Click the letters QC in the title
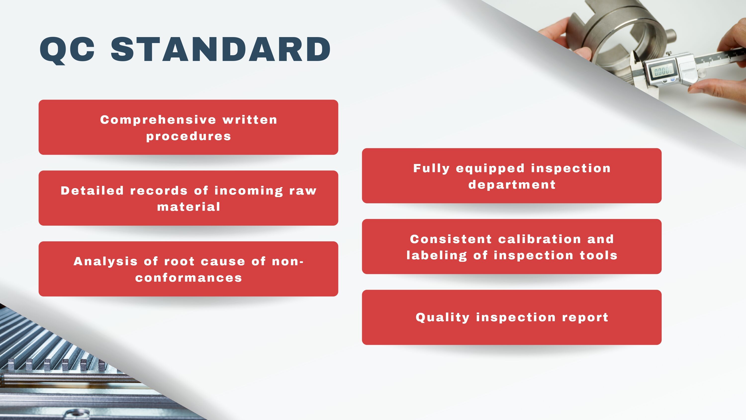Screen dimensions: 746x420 [x=67, y=50]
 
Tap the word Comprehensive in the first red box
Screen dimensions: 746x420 [x=158, y=120]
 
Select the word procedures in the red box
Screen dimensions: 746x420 [x=188, y=136]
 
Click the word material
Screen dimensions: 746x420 [x=188, y=207]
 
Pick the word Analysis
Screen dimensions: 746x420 [x=105, y=262]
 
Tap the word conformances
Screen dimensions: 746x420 [x=188, y=278]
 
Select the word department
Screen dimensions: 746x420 [x=512, y=185]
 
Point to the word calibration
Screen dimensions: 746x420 [x=540, y=239]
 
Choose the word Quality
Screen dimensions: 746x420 [x=443, y=318]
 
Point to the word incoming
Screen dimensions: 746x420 [x=249, y=191]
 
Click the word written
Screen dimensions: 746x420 [x=250, y=120]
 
